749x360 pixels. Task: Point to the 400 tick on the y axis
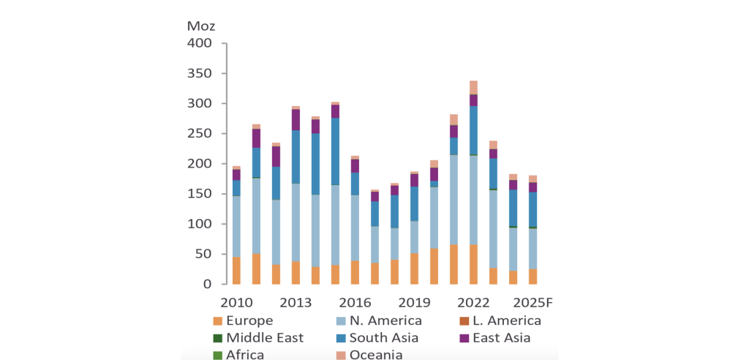coord(200,44)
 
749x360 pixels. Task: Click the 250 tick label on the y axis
coord(200,134)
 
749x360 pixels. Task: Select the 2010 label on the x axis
coord(236,303)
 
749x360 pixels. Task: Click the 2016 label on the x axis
coord(355,303)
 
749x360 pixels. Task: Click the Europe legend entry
coord(249,320)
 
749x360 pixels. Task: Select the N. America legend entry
coord(385,320)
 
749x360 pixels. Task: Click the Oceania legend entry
coord(375,355)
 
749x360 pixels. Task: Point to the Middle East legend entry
coord(264,338)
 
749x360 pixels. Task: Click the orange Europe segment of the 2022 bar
coord(473,264)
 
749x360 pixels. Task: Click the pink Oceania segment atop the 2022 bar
coord(473,87)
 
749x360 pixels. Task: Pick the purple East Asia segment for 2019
coord(414,180)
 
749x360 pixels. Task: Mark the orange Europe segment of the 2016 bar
coord(355,272)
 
